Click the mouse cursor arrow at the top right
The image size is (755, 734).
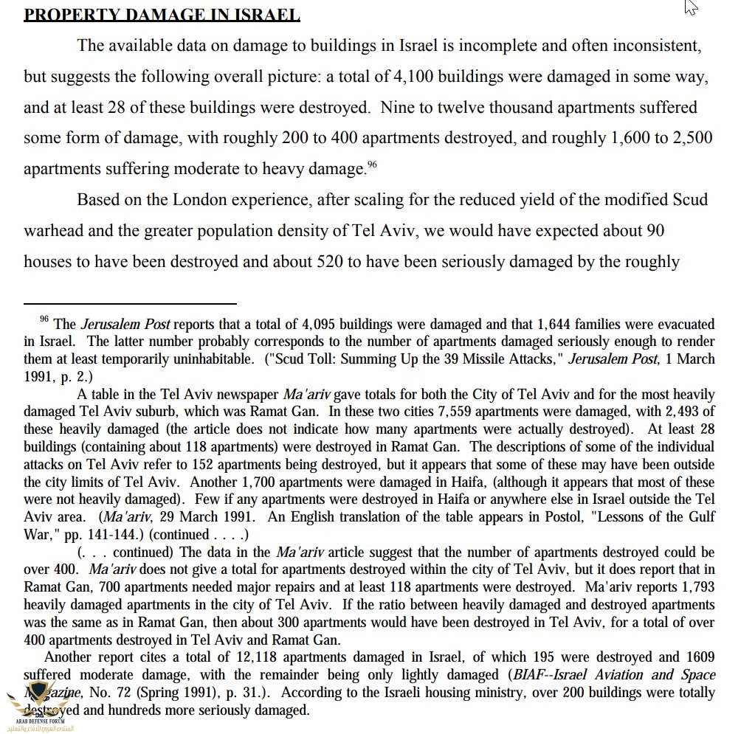[690, 7]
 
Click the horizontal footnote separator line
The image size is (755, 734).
[130, 303]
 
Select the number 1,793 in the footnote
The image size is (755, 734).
[697, 587]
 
